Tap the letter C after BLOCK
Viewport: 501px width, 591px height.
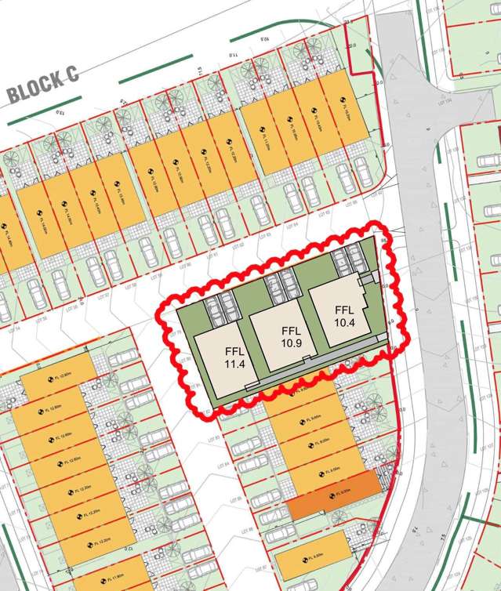[x=71, y=75]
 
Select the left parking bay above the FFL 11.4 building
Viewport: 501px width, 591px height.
[x=212, y=310]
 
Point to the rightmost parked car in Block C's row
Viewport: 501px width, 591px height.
[x=362, y=170]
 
